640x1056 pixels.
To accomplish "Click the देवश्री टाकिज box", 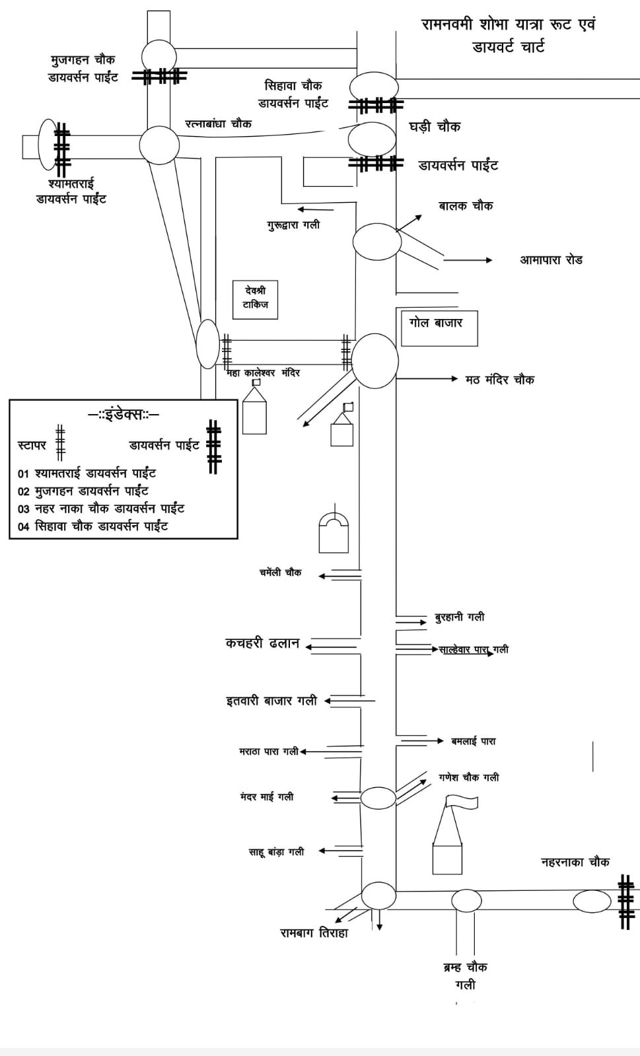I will (x=255, y=299).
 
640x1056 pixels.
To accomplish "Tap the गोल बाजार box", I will (x=439, y=328).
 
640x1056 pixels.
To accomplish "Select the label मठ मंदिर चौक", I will (x=500, y=380).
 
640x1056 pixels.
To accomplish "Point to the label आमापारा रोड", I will (x=551, y=260).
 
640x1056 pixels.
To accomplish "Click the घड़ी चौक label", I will (x=435, y=127).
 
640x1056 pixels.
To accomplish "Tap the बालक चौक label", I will (x=466, y=206).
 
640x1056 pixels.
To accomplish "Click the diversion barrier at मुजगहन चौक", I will (x=159, y=77).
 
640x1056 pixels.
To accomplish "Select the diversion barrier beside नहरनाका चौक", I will (x=625, y=901).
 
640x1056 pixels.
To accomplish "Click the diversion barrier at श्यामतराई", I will (x=62, y=146).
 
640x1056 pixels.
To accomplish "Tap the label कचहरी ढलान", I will (x=262, y=643).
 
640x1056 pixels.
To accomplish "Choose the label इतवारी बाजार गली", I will (x=271, y=701).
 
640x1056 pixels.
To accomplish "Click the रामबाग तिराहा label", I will (x=314, y=933).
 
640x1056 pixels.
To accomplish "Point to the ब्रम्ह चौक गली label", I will (x=465, y=975).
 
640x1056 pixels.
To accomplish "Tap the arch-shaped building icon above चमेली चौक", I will (x=334, y=533).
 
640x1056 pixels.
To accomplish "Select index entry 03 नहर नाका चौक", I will (x=101, y=509).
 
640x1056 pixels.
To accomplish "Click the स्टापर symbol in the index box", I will (x=60, y=443).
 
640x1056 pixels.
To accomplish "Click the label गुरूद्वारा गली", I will (x=293, y=225).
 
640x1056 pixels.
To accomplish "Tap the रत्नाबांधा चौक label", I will (x=218, y=123).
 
